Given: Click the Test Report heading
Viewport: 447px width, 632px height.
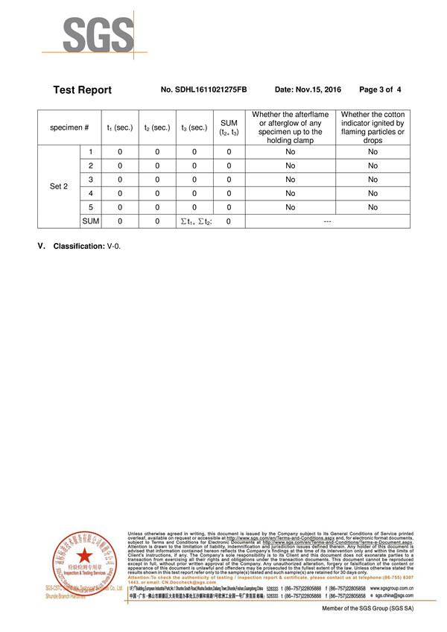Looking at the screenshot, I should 82,89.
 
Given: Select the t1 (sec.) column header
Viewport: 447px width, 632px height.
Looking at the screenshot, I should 119,127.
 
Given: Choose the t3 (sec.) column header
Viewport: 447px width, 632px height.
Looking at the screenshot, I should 194,127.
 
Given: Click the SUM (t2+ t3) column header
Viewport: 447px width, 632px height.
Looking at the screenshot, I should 229,127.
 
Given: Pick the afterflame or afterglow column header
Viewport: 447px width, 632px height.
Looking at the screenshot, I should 290,127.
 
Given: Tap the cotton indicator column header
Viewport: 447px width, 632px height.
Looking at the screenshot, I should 372,127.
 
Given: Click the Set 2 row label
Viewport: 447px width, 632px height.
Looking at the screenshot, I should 59,186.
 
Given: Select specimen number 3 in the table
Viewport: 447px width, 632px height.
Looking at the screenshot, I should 90,179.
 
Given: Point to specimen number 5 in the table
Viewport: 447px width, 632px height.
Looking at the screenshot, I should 90,207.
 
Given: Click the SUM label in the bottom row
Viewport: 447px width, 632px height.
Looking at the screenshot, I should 90,221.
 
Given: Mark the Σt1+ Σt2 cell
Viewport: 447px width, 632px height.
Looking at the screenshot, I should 194,221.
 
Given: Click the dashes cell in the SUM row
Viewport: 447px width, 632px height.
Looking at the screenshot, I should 327,221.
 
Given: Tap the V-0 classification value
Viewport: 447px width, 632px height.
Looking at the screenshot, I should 113,246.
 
